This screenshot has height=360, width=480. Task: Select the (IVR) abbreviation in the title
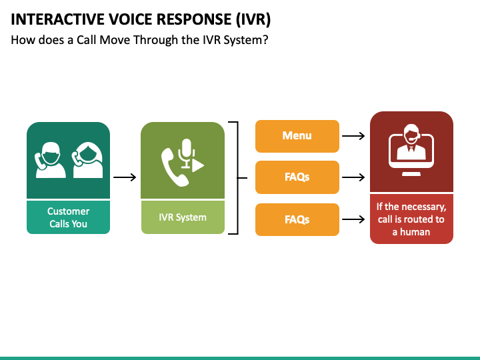point(253,20)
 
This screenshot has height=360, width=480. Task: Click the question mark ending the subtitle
point(265,40)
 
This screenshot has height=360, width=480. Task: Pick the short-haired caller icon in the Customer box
point(50,160)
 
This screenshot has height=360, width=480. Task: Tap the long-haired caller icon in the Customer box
point(87,160)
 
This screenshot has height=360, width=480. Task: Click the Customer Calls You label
point(68,217)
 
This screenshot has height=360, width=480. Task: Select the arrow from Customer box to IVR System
point(125,177)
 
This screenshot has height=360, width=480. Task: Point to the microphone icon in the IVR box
point(186,153)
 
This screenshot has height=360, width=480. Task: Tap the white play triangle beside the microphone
point(198,165)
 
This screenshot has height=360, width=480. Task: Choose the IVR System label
point(183,217)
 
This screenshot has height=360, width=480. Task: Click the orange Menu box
point(297,136)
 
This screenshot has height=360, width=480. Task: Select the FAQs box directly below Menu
point(297,177)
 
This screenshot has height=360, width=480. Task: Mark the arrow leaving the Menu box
point(353,136)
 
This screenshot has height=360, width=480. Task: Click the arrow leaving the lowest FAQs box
point(353,219)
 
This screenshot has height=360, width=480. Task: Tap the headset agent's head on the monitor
point(411,133)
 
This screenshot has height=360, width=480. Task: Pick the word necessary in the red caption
point(427,207)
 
